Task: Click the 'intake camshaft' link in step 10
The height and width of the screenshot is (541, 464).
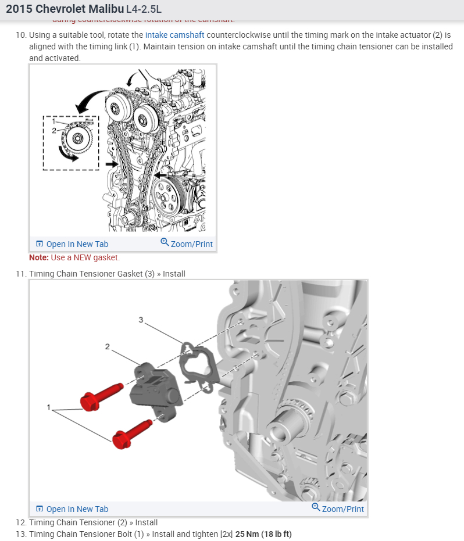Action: [174, 35]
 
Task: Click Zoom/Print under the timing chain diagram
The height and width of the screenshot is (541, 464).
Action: [187, 244]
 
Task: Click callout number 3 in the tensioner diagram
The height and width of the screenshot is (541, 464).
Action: [141, 320]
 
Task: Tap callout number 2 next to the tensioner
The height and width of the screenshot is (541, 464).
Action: [107, 347]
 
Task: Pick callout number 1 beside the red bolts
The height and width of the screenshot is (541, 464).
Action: [49, 407]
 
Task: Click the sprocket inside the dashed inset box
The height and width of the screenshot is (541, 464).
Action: [76, 139]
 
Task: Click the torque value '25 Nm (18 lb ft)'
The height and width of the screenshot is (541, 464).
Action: [263, 534]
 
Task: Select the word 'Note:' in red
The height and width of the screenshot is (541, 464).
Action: [39, 257]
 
